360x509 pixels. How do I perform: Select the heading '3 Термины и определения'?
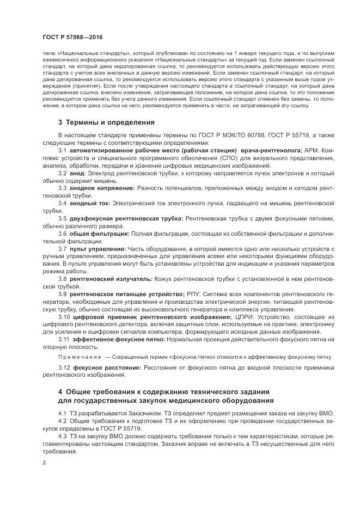(106, 122)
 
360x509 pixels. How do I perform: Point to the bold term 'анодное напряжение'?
(102, 188)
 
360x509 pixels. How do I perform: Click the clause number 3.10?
(65, 317)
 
